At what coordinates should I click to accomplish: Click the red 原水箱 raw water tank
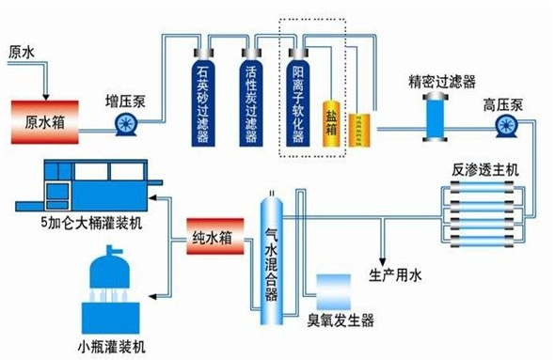44,121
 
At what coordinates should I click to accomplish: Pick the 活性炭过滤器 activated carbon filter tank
250,97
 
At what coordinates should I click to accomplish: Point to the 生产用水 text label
399,275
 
